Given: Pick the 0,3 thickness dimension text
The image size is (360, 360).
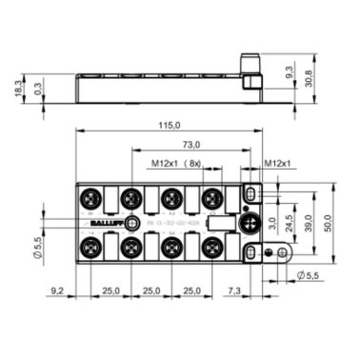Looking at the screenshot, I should pyautogui.click(x=37, y=89).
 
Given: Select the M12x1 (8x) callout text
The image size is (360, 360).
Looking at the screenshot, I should pyautogui.click(x=175, y=163).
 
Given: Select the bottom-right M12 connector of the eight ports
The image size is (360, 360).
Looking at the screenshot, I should pyautogui.click(x=213, y=250).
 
